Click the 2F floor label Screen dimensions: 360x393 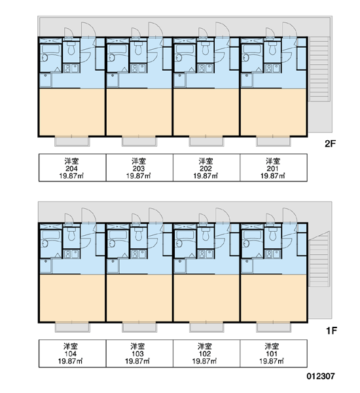(330, 143)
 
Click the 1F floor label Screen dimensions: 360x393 (331, 331)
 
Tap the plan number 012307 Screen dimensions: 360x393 (321, 376)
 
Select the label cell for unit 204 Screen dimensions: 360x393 (73, 168)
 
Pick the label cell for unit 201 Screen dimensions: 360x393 (274, 168)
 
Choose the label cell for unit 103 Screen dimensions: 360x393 (139, 354)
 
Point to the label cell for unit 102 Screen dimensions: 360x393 (206, 354)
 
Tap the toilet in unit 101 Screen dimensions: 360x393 (272, 234)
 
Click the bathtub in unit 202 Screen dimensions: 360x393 (185, 49)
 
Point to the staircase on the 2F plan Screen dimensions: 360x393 (319, 69)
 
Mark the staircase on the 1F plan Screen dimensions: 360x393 (319, 259)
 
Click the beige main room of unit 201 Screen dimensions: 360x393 (274, 112)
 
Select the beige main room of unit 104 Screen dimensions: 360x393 (73, 298)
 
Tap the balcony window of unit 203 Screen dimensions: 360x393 (139, 141)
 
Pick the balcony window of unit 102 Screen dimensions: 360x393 (206, 327)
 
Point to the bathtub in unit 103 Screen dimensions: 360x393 (118, 235)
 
